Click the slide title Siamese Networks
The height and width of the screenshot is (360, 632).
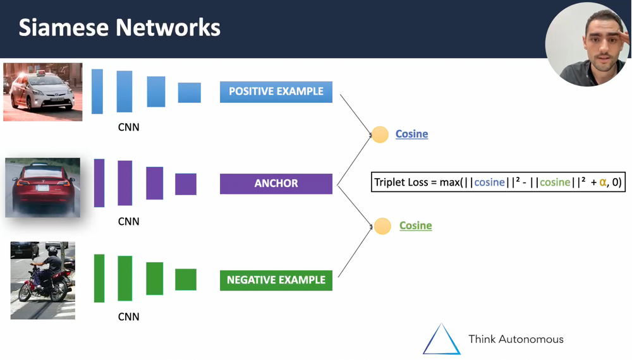[119, 28]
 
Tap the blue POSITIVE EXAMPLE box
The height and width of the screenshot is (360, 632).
[276, 92]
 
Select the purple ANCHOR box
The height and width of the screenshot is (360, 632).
[276, 184]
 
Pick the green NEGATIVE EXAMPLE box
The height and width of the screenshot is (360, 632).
[276, 280]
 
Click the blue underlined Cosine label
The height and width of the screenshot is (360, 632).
[411, 134]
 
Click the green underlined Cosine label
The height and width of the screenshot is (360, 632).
[415, 225]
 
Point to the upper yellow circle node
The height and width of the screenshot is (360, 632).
[380, 135]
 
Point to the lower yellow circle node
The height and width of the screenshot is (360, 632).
[382, 226]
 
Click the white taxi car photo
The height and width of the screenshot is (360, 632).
[42, 92]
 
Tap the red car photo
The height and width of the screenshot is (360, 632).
[43, 188]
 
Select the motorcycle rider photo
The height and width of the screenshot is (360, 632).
[43, 280]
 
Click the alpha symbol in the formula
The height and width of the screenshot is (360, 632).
[603, 182]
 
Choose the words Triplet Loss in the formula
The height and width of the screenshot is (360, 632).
[402, 183]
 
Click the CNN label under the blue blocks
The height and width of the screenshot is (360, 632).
[128, 128]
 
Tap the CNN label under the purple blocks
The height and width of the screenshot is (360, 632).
[128, 222]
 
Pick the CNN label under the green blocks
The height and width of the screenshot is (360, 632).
[128, 316]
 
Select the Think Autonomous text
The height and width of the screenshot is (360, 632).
[516, 339]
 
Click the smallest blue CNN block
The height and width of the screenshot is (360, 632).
[189, 93]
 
